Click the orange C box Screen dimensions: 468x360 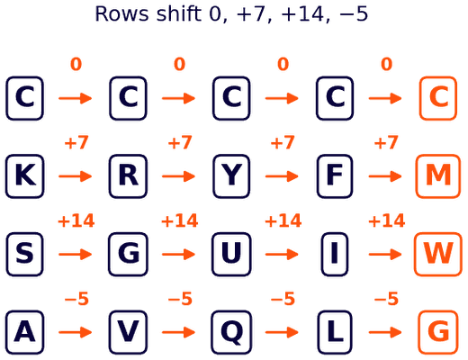pos(438,98)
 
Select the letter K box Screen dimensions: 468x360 pos(25,176)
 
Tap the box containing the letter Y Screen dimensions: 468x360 pos(231,176)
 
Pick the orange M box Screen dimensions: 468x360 pos(438,176)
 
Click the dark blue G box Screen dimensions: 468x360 pos(128,254)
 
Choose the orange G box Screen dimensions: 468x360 pos(438,332)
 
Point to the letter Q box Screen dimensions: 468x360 pos(231,332)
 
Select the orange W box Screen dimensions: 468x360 pos(438,254)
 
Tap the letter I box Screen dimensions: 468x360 pos(335,254)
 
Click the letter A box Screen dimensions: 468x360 pos(25,332)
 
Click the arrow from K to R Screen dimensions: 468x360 pos(76,176)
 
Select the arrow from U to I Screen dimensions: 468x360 pos(282,254)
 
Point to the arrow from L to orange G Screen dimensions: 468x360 pos(385,332)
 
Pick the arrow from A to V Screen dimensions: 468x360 pos(76,332)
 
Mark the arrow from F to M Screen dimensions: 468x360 pos(385,176)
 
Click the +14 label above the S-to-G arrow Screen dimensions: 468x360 pos(76,220)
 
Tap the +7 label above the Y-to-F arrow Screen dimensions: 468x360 pos(283,142)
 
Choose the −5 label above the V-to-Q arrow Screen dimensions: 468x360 pos(180,299)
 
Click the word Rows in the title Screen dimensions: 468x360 pos(121,13)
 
